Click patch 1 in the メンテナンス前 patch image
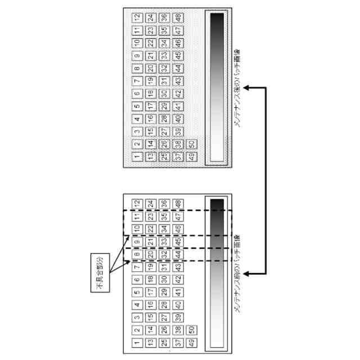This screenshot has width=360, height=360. point(137,343)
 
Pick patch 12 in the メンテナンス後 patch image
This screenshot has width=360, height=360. point(137,17)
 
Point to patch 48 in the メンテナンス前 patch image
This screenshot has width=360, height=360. point(177,203)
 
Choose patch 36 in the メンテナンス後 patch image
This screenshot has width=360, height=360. point(164,17)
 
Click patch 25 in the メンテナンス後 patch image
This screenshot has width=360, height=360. point(164,156)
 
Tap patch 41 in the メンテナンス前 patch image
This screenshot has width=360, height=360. point(177,292)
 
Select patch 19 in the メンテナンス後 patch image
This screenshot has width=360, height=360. point(150,80)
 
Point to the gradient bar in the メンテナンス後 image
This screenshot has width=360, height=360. point(217,88)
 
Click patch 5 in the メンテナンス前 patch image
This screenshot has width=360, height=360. point(137,292)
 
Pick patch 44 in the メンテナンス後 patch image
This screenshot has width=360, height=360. point(177,67)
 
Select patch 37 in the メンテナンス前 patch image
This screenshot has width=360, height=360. point(177,343)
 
